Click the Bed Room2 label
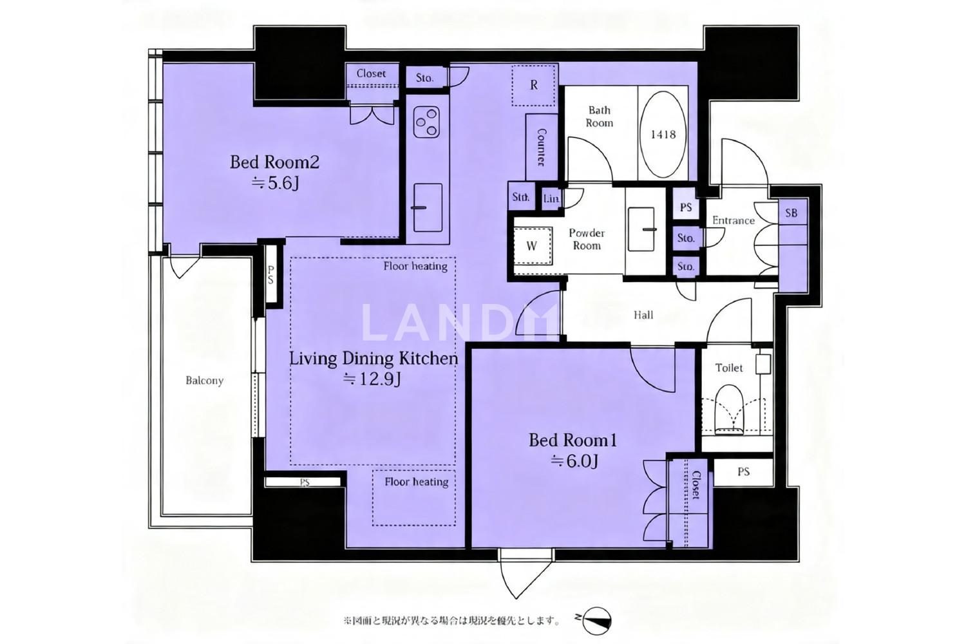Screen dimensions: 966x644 point(274,162)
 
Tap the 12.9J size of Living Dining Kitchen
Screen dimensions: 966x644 point(372,379)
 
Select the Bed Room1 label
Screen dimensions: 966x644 point(573,440)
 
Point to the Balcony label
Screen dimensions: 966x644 point(204,381)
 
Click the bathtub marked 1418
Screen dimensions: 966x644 point(663,134)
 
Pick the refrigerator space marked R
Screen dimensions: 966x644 point(533,86)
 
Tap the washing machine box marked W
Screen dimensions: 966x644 point(532,246)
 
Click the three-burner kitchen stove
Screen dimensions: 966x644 point(426,122)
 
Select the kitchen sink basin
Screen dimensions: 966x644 point(428,207)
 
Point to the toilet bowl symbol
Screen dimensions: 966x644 point(729,410)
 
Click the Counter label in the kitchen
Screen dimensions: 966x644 point(542,147)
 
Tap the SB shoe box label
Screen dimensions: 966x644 point(791,213)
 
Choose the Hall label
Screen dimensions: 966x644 point(643,316)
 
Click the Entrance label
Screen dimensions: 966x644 point(733,220)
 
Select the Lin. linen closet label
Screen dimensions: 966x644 point(551,199)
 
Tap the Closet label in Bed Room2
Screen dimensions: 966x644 point(371,74)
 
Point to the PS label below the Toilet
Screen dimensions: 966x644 point(743,472)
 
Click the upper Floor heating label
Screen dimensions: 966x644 point(415,266)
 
